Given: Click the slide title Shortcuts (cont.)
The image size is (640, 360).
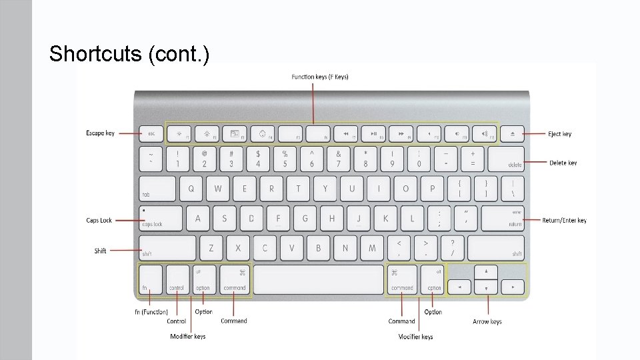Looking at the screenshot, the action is tap(129, 53).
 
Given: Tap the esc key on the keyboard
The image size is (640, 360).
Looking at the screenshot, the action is tap(152, 133).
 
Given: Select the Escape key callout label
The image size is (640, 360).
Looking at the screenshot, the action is tap(100, 133).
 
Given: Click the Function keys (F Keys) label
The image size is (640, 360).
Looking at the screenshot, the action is tap(320, 77).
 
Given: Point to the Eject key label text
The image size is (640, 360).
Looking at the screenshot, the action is tap(560, 134).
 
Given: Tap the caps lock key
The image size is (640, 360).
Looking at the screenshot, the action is tap(161, 218).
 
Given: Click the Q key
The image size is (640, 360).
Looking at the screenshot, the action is tap(191, 189).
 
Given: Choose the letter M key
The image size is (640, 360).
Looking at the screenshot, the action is tap(372, 248).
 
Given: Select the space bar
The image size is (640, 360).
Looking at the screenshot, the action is tap(318, 279).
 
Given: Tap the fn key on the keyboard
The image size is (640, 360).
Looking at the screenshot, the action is tap(150, 279).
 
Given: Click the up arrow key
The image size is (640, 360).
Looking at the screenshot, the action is tap(486, 271).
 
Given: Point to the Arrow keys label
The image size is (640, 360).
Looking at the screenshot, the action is tap(487, 322).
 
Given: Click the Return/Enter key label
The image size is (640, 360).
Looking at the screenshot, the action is tap(564, 221).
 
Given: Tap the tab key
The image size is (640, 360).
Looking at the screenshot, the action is tap(157, 189).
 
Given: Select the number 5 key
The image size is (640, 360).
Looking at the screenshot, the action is tap(285, 159).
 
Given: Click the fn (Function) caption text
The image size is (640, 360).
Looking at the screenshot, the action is tap(151, 312).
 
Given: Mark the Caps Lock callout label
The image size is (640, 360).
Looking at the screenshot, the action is tap(99, 220).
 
